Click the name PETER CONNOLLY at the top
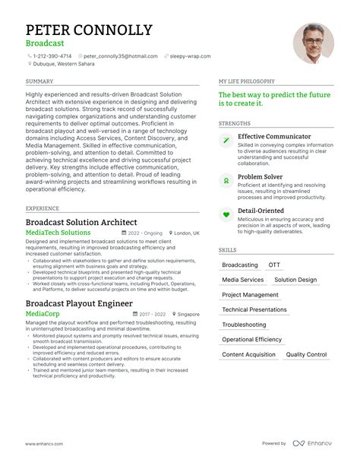pos(89,30)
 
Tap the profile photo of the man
pos(314,43)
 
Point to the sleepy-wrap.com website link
pos(189,56)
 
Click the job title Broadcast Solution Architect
pos(86,221)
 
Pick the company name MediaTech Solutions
pos(58,233)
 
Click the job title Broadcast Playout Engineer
pos(79,303)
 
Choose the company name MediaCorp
pos(43,313)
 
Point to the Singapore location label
pos(187,314)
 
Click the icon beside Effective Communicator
pos(226,141)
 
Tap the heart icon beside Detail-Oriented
pos(226,215)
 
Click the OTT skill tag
pos(274,265)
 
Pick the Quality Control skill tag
pos(306,354)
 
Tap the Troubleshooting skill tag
pos(244,325)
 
